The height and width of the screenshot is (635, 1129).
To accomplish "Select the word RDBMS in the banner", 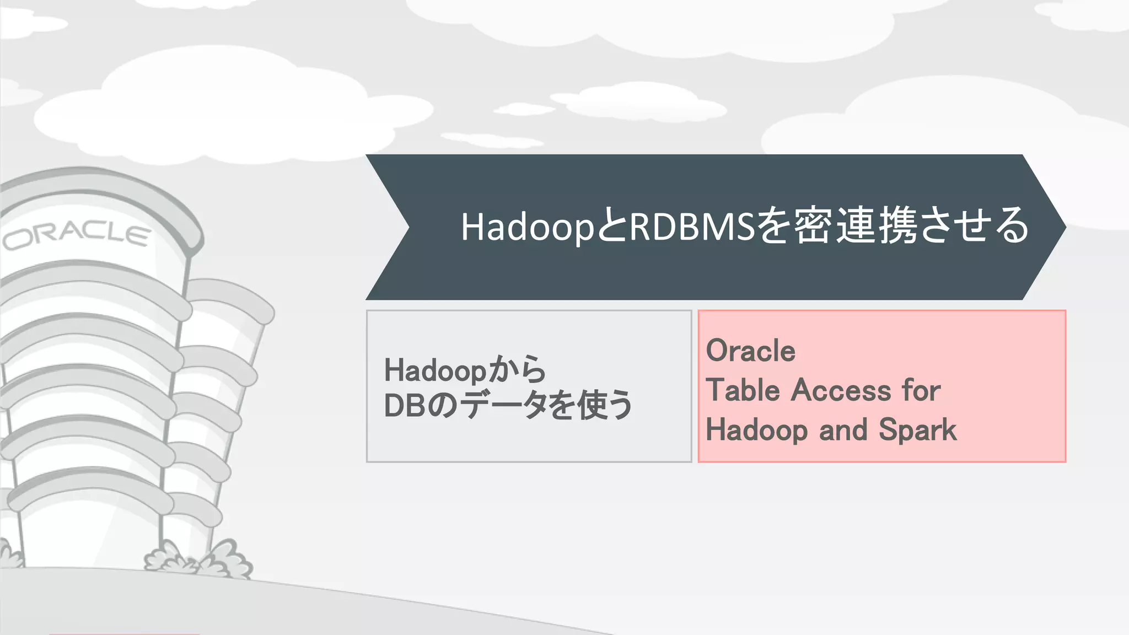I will pos(691,227).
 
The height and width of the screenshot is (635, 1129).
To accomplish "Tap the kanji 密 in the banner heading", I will pos(813,225).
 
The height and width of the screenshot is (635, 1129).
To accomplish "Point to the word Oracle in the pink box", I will pos(750,351).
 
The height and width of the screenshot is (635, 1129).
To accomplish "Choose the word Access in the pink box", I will pos(841,390).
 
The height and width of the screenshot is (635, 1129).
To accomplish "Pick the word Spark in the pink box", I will pos(918,430).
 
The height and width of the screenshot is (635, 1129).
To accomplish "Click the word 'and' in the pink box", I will pos(843,430).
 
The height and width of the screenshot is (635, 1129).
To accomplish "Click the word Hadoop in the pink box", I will pos(756,430).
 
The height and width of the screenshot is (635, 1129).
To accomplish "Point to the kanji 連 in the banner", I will pos(856,225).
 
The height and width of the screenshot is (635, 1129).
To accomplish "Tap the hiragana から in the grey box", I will pos(518,370).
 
